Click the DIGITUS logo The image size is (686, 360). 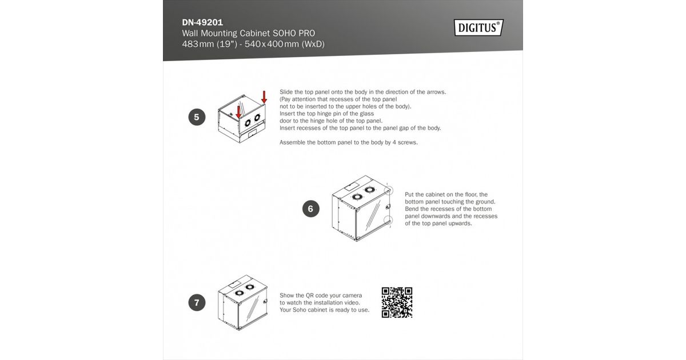coord(478,27)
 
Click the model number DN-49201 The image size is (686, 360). coord(202,22)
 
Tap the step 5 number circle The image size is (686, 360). coord(197,117)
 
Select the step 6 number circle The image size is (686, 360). coord(310,209)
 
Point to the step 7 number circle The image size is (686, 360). coord(197,302)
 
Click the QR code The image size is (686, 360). coord(397,302)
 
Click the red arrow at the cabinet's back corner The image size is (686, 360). coord(264,97)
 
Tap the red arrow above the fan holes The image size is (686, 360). coord(238,112)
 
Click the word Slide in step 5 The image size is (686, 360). coord(286,92)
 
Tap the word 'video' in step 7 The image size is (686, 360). coord(353,303)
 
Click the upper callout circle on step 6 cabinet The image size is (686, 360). coord(389,191)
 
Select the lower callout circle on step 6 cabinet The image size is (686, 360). coord(388,220)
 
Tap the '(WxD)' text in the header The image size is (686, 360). coord(313,44)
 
